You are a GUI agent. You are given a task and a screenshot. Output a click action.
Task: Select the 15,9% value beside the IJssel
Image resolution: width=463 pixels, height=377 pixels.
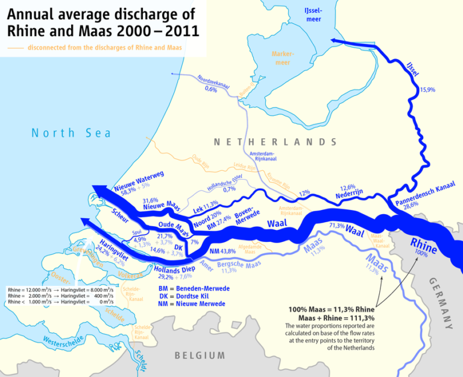point(427,90)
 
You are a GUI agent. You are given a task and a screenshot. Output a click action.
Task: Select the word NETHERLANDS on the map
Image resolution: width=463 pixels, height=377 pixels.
point(275,142)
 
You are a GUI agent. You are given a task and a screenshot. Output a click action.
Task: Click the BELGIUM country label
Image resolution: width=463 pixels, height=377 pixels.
point(200,355)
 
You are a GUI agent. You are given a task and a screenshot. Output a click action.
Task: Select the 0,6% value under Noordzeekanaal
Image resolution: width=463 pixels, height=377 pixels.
point(211,89)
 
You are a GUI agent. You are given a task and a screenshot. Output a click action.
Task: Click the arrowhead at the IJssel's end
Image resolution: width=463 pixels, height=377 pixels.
point(335,40)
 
